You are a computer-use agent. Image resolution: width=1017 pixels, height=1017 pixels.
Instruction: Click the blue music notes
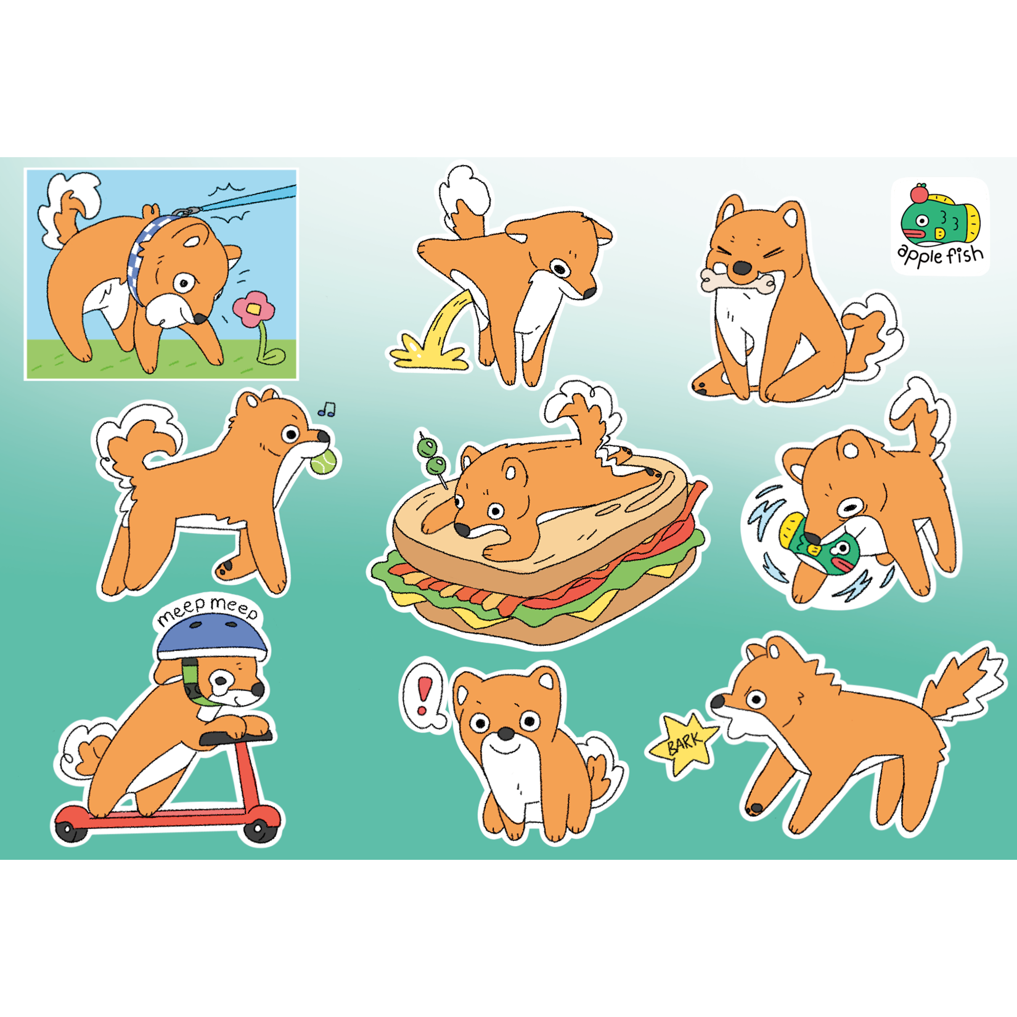tap(326, 409)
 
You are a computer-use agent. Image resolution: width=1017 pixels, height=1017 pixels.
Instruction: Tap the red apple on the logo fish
tap(920, 194)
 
